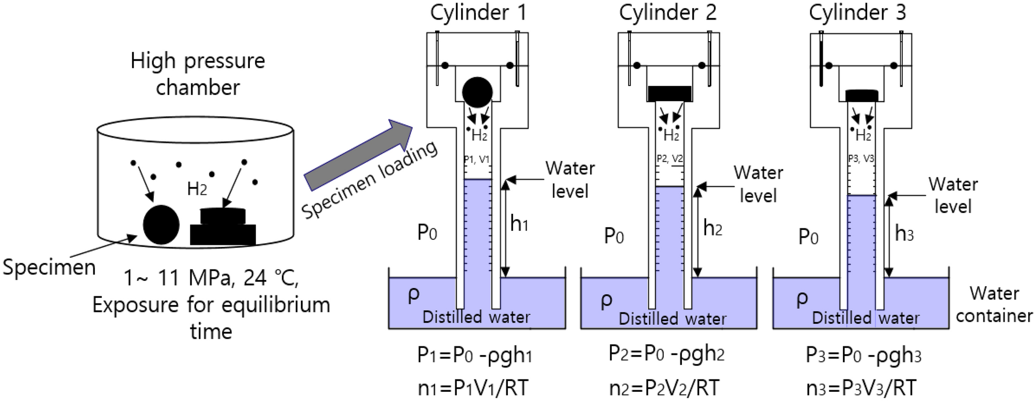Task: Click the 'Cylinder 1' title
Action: (x=478, y=12)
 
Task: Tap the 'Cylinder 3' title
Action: (x=857, y=12)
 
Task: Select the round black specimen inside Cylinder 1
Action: (x=477, y=92)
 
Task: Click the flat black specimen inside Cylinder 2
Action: (x=670, y=94)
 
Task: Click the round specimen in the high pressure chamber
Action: (x=161, y=225)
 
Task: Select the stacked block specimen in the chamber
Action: (x=223, y=227)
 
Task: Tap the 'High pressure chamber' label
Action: (x=198, y=74)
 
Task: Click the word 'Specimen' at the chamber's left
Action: (x=49, y=268)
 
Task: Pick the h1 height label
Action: (x=519, y=224)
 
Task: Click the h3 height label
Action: (x=904, y=233)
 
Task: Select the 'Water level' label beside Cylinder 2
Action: (x=758, y=184)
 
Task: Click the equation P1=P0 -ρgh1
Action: (x=474, y=355)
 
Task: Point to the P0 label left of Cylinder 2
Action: (x=614, y=236)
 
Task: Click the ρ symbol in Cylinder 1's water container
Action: (x=413, y=294)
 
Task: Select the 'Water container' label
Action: (x=994, y=304)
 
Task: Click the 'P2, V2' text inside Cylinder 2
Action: (x=670, y=158)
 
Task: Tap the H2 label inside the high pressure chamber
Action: (x=197, y=189)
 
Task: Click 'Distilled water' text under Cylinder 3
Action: (x=866, y=318)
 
